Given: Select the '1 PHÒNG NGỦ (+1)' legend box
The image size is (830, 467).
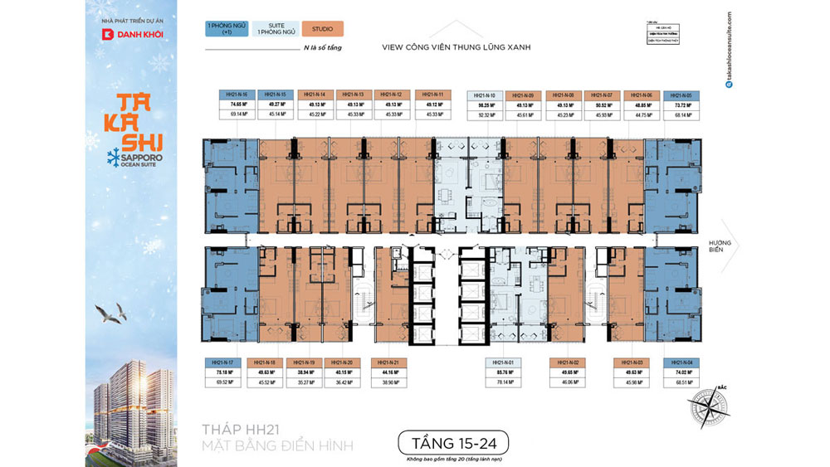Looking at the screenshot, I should click(227, 29).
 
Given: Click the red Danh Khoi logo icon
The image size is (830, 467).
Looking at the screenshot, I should click(106, 35).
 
